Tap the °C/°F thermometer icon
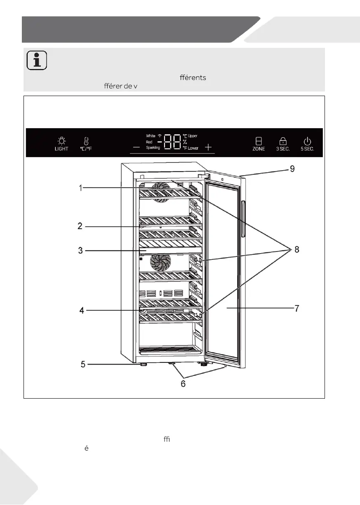coord(86,141)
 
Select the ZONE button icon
coord(259,141)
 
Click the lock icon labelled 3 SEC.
coord(283,141)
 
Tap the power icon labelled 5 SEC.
coord(307,141)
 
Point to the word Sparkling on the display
coord(153,148)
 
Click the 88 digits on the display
coord(172,142)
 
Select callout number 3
coord(82,250)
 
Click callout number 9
coord(292,169)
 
